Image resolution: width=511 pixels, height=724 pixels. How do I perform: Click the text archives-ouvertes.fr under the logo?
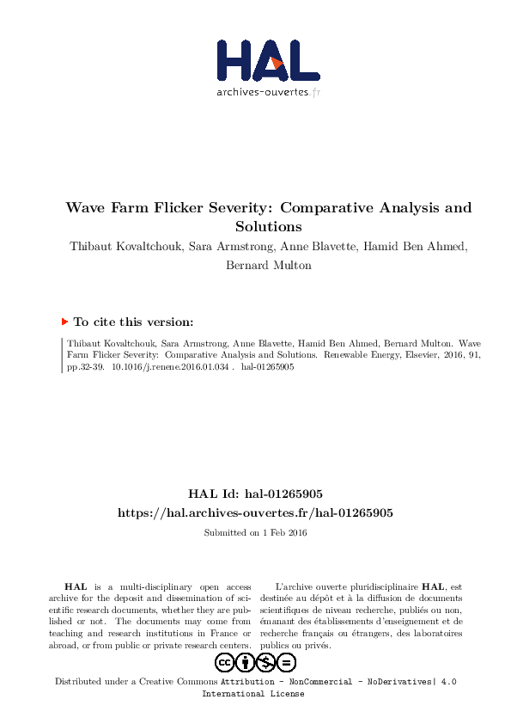coord(268,92)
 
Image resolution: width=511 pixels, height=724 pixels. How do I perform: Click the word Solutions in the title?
coord(269,227)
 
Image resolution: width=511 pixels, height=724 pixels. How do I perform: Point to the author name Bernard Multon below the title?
coord(269,266)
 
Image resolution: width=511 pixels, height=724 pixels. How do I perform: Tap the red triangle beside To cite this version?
coord(64,322)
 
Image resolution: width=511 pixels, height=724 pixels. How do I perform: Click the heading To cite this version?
coord(133,322)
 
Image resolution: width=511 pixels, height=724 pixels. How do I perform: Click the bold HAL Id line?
coord(255,494)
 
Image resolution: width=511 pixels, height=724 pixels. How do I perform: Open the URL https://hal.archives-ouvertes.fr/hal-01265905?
coord(255,512)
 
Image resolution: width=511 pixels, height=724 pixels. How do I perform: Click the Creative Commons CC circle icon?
coord(225,662)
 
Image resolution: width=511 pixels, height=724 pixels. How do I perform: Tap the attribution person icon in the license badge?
coord(246,662)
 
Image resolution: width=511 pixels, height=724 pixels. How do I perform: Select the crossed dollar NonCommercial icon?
coord(266,662)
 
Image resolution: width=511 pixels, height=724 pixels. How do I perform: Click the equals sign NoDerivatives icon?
coord(287,662)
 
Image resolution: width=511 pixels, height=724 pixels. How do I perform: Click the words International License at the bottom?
coord(252,694)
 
